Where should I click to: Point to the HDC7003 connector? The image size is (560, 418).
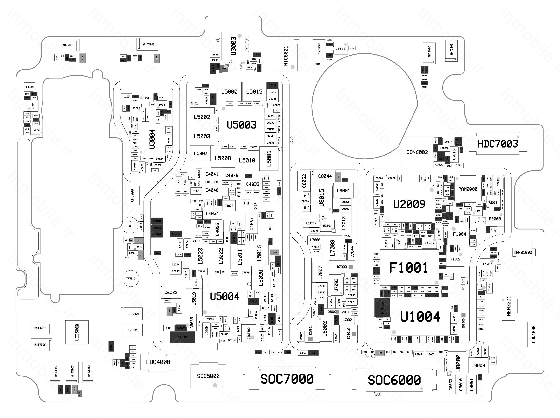[497, 144]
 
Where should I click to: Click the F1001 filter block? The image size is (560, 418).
[409, 267]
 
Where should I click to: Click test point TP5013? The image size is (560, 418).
[131, 278]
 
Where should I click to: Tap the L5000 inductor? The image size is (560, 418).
[229, 92]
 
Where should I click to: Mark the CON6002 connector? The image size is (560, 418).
[417, 152]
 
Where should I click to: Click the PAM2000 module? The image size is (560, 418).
[468, 189]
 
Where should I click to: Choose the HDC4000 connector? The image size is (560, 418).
[158, 362]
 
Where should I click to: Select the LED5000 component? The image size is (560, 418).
[77, 332]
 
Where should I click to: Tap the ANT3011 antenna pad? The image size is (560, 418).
[67, 45]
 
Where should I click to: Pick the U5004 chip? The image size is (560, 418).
[225, 296]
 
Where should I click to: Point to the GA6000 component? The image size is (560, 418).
[132, 195]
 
